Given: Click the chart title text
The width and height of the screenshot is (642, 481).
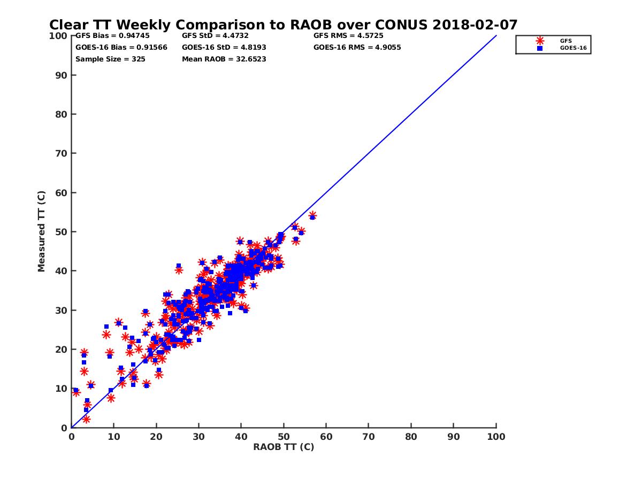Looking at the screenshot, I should pyautogui.click(x=283, y=25).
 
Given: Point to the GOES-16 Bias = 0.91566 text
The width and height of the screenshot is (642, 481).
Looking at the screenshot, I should pyautogui.click(x=121, y=47).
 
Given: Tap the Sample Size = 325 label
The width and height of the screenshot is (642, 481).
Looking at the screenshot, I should pyautogui.click(x=110, y=59).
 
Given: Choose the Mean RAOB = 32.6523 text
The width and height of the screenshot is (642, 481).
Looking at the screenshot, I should pyautogui.click(x=224, y=59).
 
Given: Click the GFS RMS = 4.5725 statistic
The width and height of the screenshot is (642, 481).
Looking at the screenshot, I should pyautogui.click(x=348, y=36).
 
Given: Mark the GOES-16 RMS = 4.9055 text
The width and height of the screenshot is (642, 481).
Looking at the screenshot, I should pyautogui.click(x=357, y=47).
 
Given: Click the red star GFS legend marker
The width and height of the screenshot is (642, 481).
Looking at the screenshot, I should pyautogui.click(x=540, y=41).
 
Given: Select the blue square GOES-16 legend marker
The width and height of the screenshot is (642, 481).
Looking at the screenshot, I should pyautogui.click(x=540, y=48).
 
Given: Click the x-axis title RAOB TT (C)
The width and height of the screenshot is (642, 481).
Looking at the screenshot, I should pyautogui.click(x=284, y=447).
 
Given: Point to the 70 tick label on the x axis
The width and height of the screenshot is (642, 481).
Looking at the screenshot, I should pyautogui.click(x=369, y=436).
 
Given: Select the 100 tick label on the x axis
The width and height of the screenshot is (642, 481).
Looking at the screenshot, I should pyautogui.click(x=496, y=436).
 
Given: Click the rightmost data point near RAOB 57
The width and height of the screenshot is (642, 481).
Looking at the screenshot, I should pyautogui.click(x=312, y=216).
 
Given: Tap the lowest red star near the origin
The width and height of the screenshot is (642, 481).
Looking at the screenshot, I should pyautogui.click(x=86, y=419).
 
